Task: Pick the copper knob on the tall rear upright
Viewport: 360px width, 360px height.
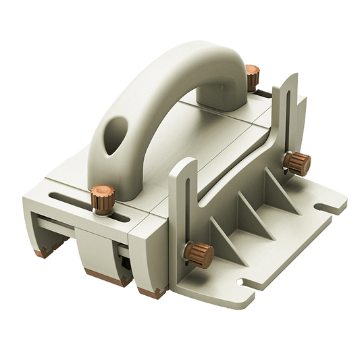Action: [x=296, y=162]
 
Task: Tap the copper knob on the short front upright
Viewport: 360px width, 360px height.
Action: [x=200, y=255]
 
